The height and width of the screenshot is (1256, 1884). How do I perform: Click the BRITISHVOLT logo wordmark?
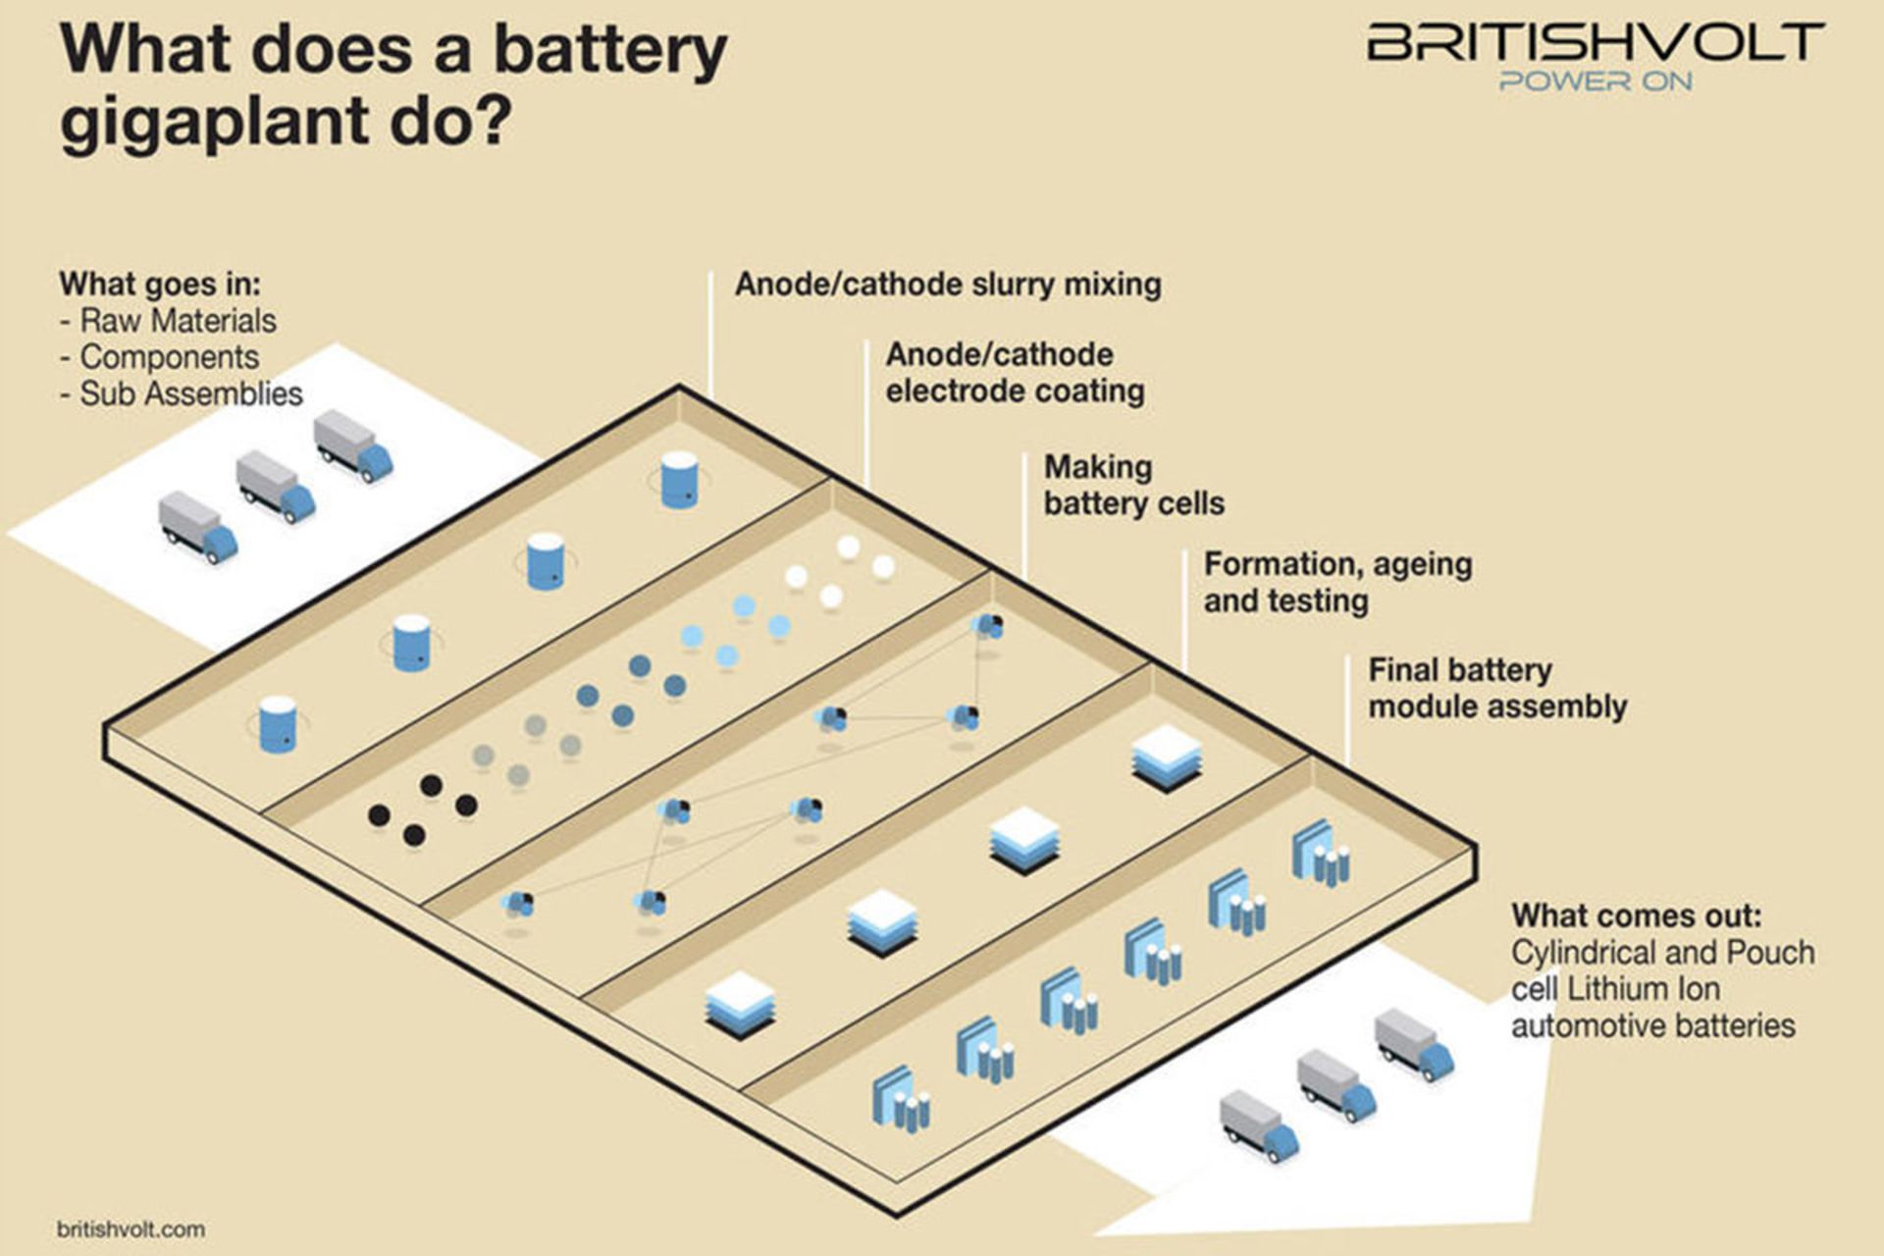(x=1596, y=43)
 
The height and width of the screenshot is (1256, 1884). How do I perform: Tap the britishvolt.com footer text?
(x=131, y=1229)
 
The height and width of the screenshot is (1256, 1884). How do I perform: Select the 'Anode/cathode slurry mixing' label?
(x=948, y=285)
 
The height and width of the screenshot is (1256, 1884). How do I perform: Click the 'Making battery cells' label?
(x=1134, y=485)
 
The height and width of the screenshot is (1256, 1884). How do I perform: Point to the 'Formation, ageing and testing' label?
(x=1338, y=582)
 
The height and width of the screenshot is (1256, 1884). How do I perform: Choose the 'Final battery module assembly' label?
(x=1497, y=688)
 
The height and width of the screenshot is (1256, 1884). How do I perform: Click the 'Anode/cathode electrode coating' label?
(x=1015, y=373)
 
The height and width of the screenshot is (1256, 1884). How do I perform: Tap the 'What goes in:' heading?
(x=160, y=284)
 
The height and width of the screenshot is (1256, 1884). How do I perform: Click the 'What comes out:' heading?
(x=1637, y=916)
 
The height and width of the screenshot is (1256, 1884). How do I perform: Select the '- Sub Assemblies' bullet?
(x=182, y=393)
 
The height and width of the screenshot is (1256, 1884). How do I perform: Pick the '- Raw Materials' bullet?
(x=168, y=321)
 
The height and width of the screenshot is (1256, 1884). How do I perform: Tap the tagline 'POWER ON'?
(x=1596, y=81)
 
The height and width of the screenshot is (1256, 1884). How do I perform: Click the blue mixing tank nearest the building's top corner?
(x=679, y=480)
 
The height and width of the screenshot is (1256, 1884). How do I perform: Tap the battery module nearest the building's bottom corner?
(x=902, y=1100)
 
